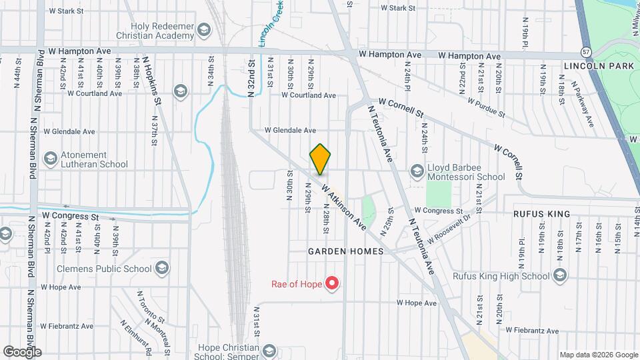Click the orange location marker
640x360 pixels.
(320, 160)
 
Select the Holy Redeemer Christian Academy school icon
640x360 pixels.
(203, 29)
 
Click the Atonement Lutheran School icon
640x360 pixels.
(50, 159)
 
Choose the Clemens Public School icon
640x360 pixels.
(161, 269)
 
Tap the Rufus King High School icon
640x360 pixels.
(559, 275)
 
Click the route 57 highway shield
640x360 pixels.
(585, 51)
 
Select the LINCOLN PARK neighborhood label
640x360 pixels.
(589, 67)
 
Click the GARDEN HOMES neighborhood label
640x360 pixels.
(345, 251)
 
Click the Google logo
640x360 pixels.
(22, 351)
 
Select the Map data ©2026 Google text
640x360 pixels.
(598, 355)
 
